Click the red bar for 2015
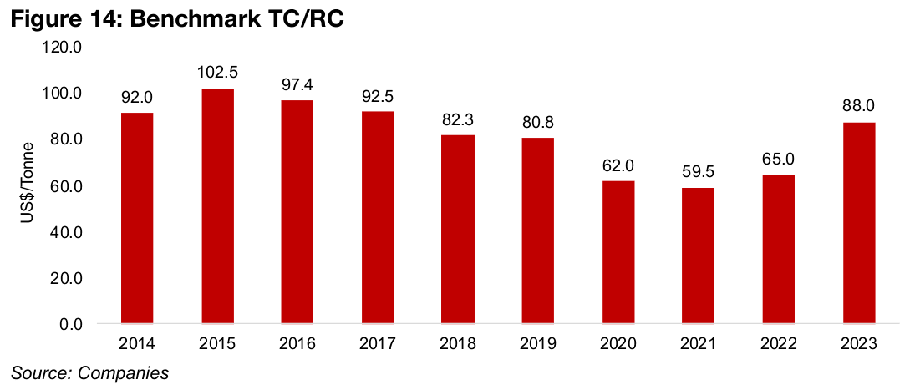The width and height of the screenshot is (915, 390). pos(217,205)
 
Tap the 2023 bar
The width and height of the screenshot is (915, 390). pos(859,222)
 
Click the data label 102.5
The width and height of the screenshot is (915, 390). pos(217,73)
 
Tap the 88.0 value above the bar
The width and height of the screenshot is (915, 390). pos(859,106)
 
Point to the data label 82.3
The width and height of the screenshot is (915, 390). pos(458,119)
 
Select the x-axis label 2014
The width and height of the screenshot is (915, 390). pos(137,343)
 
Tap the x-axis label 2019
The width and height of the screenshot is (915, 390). pos(538,343)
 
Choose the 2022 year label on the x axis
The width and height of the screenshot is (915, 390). pos(779,343)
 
